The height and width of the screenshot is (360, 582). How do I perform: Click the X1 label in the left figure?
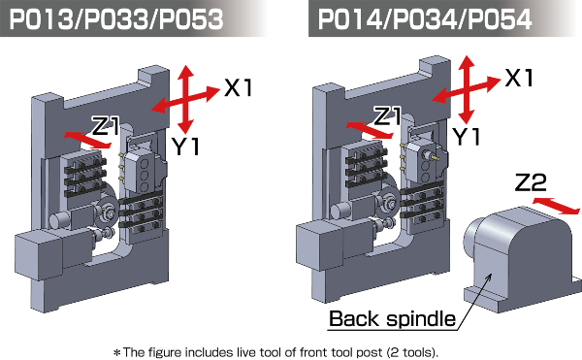pyautogui.click(x=238, y=88)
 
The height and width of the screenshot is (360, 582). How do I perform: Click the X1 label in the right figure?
pyautogui.click(x=519, y=78)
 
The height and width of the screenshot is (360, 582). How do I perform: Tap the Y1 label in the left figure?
pyautogui.click(x=185, y=147)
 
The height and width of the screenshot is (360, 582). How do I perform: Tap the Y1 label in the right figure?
pyautogui.click(x=467, y=136)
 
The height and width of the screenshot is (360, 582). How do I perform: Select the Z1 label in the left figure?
pyautogui.click(x=106, y=126)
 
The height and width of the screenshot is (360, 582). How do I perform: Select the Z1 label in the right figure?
pyautogui.click(x=387, y=115)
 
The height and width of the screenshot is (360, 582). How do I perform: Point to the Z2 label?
pyautogui.click(x=531, y=182)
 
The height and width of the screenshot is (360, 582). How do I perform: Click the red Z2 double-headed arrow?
pyautogui.click(x=556, y=206)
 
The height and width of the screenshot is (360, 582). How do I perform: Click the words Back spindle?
pyautogui.click(x=392, y=319)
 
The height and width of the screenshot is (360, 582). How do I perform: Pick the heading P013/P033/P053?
pyautogui.click(x=116, y=19)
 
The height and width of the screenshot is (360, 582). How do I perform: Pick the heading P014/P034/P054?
pyautogui.click(x=425, y=19)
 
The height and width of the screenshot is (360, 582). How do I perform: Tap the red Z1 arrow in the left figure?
pyautogui.click(x=87, y=140)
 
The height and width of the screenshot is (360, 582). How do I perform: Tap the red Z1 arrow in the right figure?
pyautogui.click(x=369, y=130)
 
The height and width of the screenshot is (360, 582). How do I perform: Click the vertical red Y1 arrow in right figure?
pyautogui.click(x=467, y=89)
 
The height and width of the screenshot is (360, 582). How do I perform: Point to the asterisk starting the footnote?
pyautogui.click(x=117, y=352)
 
